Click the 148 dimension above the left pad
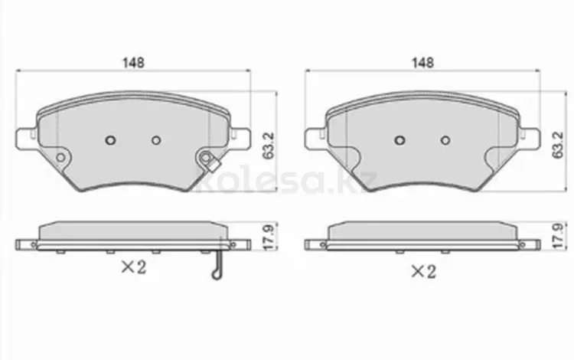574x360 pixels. click(133, 63)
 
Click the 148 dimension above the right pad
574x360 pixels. click(422, 63)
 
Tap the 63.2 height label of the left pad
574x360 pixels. click(269, 146)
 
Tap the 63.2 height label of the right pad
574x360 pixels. click(558, 146)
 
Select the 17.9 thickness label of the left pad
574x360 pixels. click(269, 237)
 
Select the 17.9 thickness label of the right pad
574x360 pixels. click(558, 237)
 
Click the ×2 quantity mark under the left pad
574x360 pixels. click(134, 267)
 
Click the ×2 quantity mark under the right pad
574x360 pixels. click(423, 272)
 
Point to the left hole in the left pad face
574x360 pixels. click(110, 140)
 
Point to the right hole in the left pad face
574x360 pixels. click(156, 140)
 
